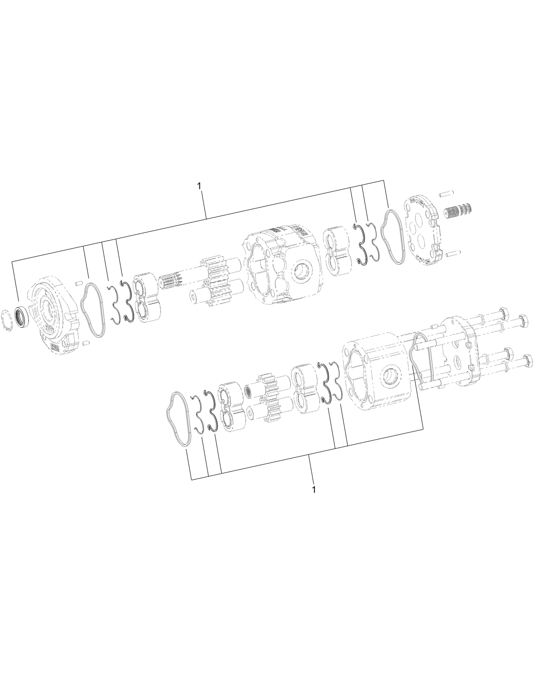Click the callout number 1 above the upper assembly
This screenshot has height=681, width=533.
[200, 186]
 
